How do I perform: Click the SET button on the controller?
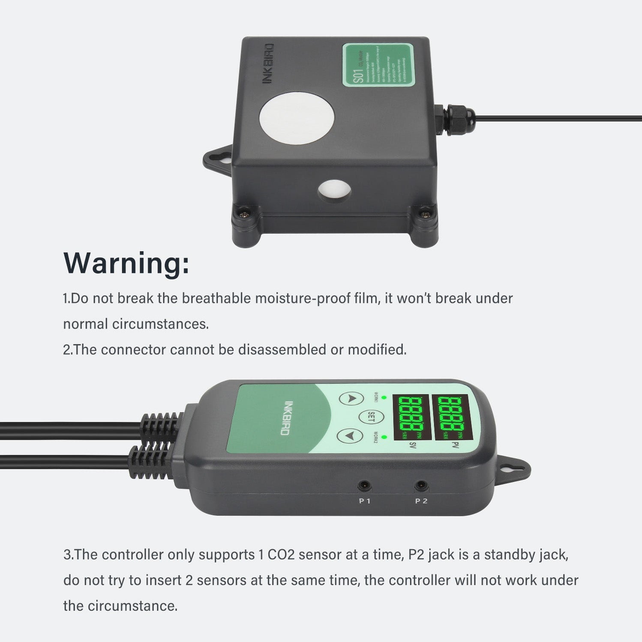point(371,417)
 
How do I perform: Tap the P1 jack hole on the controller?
point(364,486)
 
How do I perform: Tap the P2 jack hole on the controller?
point(421,486)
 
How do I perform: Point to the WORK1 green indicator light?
point(384,398)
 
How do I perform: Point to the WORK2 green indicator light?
point(384,437)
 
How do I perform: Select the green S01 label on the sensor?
point(378,65)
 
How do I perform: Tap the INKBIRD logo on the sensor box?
point(267,63)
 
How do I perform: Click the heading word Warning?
point(126,263)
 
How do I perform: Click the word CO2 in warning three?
point(281,555)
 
